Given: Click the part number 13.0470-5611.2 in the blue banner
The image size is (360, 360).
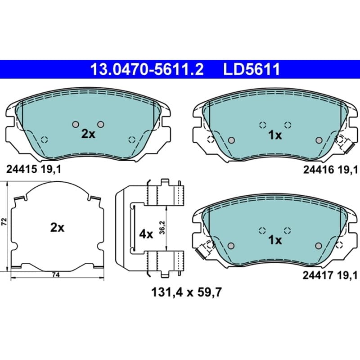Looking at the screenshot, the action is (147, 69).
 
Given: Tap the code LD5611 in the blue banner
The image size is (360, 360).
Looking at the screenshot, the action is (252, 69).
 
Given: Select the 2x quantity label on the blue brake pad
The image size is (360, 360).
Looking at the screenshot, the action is (88, 134).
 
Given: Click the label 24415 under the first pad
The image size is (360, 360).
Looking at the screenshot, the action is (22, 170).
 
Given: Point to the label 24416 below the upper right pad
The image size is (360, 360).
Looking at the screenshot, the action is (319, 170).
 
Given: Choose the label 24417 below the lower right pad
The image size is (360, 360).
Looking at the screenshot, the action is (318, 275).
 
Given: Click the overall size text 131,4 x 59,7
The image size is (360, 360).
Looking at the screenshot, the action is (186, 292).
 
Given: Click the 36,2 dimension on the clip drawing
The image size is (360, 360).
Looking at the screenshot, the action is (162, 227).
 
